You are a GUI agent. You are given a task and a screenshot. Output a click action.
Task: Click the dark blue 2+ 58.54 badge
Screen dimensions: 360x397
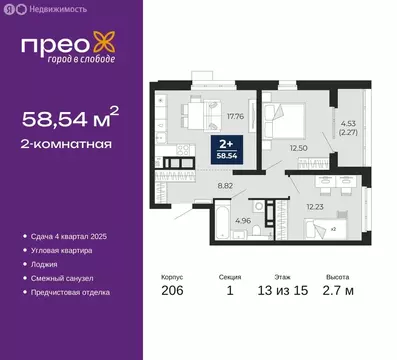pyautogui.click(x=232, y=151)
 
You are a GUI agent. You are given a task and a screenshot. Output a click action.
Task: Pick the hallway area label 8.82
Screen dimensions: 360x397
pyautogui.click(x=227, y=185)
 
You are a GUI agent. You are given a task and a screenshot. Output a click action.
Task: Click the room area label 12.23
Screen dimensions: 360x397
pyautogui.click(x=314, y=206)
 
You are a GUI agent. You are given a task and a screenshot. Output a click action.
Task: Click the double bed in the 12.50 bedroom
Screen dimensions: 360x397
pyautogui.click(x=284, y=113)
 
